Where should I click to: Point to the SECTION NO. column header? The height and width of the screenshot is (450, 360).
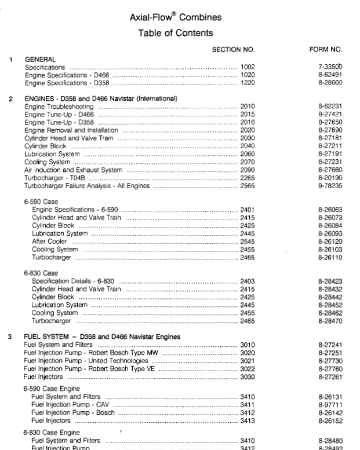point(233,50)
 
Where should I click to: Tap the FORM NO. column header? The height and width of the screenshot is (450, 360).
point(326,50)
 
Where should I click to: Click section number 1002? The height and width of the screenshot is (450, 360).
point(248,67)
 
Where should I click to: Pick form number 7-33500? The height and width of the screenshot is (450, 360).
point(330,67)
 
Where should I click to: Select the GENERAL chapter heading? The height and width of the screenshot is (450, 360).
point(40,59)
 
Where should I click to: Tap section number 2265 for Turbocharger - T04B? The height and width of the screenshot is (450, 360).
point(248,178)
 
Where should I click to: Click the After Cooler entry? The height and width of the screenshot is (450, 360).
point(47,241)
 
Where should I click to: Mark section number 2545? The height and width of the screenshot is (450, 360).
point(248,241)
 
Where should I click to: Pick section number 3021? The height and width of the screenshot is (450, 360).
point(248,360)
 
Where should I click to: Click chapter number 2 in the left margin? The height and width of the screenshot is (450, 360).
point(11,99)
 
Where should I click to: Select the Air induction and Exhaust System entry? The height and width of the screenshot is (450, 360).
point(73,170)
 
